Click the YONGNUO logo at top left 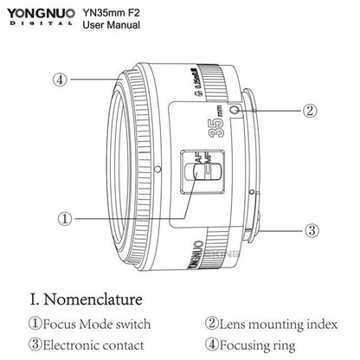[37, 11]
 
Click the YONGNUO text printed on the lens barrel [191, 260]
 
